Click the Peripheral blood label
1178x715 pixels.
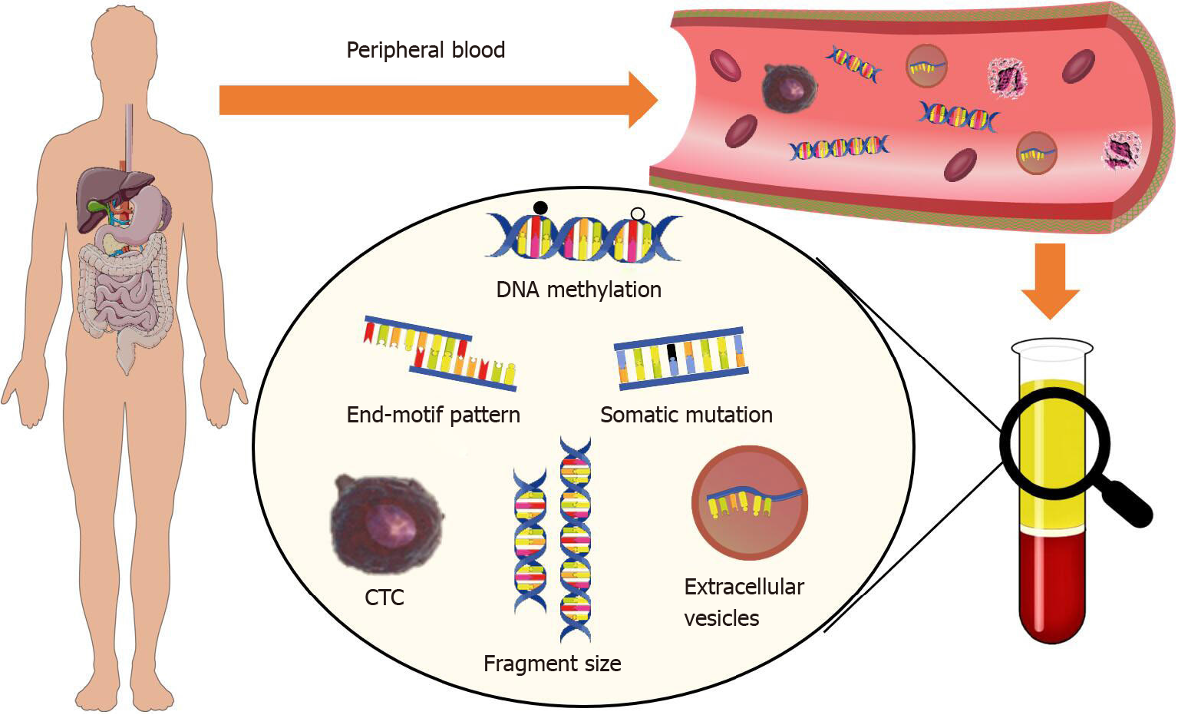425,51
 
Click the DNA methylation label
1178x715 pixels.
579,290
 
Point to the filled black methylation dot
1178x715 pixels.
540,207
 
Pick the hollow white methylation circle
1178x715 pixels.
637,214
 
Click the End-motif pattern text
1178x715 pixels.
433,415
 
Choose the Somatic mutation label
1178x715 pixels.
686,415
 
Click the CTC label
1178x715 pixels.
384,597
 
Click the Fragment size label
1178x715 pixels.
552,664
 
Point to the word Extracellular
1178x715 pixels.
744,588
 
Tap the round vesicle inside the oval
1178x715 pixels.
750,503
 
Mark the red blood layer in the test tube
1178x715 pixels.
1051,584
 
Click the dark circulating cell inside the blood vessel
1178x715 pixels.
789,87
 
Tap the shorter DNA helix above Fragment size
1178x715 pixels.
530,541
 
